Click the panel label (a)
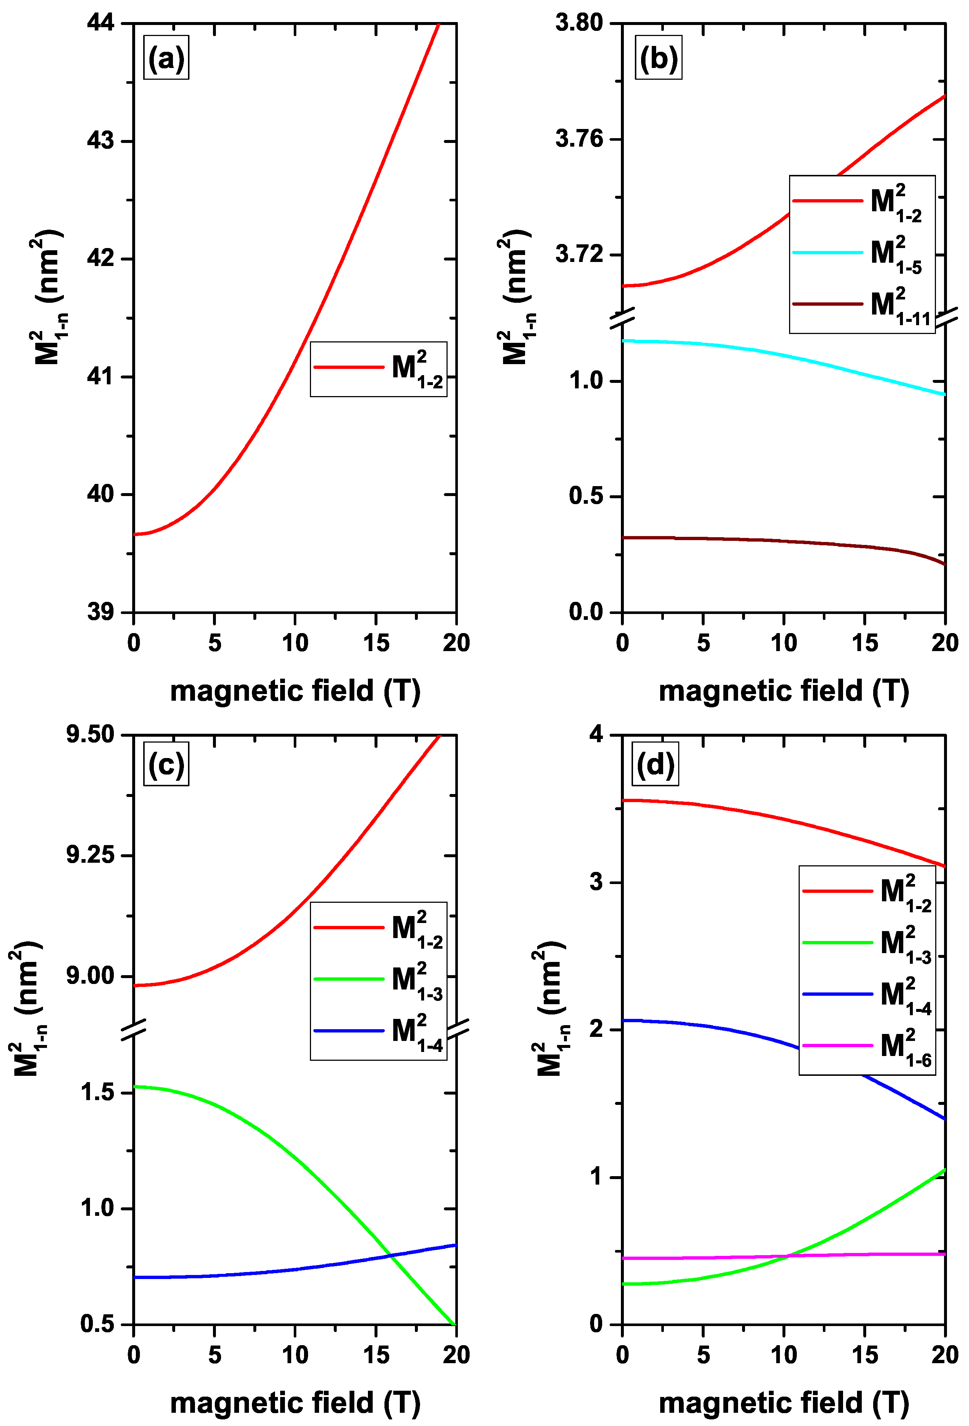[x=166, y=59]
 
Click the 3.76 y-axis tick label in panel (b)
[x=579, y=139]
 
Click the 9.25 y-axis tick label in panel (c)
[x=91, y=855]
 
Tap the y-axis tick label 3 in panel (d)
[x=596, y=882]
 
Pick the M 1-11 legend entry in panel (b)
[x=862, y=304]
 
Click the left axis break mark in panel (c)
[x=133, y=1029]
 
